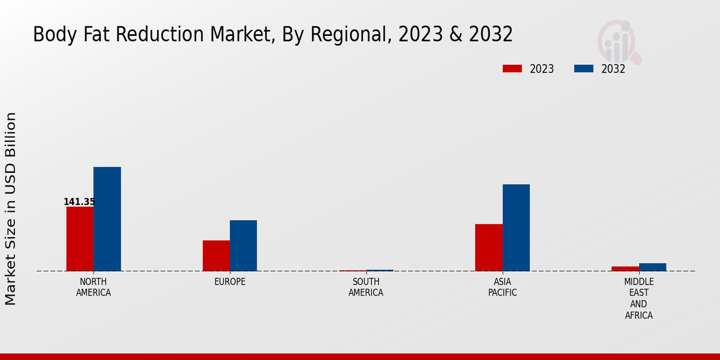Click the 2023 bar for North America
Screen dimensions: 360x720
[x=80, y=239]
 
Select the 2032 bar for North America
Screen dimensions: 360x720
[x=107, y=219]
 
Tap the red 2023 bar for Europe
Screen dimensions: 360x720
[x=216, y=256]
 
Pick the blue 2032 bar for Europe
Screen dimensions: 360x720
[x=243, y=245]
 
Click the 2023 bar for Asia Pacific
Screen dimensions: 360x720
[x=488, y=247]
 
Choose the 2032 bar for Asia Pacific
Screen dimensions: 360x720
[x=516, y=227]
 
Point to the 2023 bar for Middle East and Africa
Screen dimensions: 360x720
[x=625, y=268]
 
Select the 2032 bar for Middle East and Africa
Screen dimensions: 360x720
[x=652, y=267]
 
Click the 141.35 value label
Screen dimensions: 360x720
[x=79, y=202]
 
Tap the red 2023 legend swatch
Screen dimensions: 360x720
[x=512, y=69]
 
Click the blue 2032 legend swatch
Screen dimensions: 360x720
[x=583, y=69]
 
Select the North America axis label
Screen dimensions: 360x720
[x=93, y=287]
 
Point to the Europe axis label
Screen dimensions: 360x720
[x=230, y=282]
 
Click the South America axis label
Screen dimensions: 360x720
[x=366, y=287]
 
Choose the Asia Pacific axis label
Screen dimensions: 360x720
[x=502, y=287]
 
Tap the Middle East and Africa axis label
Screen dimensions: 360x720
[x=638, y=298]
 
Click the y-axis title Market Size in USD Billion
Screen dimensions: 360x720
[x=11, y=208]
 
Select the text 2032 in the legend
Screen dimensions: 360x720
[x=613, y=69]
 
